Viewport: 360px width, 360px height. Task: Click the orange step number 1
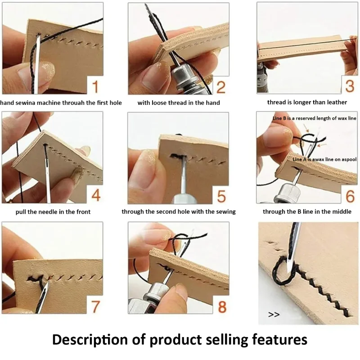95,86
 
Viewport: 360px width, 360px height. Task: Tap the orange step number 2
220,86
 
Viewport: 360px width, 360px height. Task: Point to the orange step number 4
95,197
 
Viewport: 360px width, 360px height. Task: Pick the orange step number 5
220,197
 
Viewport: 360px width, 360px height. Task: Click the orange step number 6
349,197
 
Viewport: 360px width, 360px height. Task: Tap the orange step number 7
95,307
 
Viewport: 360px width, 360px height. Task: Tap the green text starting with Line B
315,118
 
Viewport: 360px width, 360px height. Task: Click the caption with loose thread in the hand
179,103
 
